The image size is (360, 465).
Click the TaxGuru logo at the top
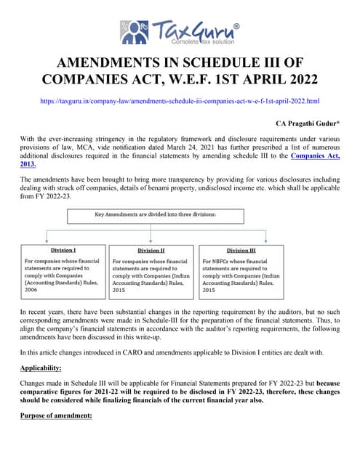tap(179, 33)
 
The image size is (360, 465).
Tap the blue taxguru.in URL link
tap(180, 101)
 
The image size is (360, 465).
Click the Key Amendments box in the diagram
tap(179, 216)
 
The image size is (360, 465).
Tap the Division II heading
tap(151, 250)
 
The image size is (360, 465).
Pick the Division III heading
tap(241, 250)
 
